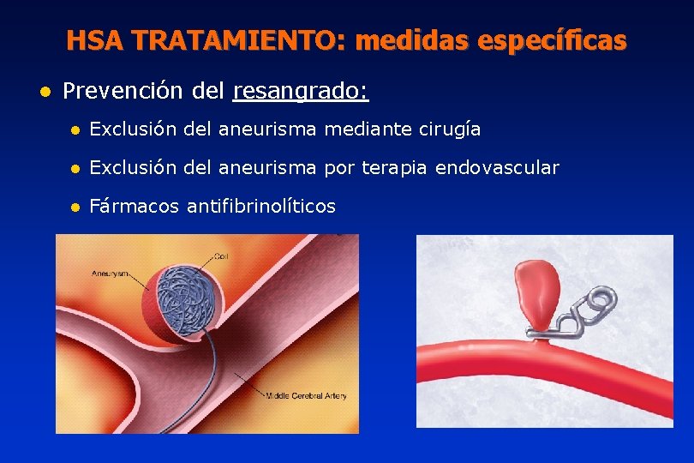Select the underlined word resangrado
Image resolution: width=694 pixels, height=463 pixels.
coord(300,90)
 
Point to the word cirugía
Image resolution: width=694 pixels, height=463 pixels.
coord(450,129)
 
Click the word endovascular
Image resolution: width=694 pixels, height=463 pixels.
coord(497,168)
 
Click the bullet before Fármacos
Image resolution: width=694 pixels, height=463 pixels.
coord(75,207)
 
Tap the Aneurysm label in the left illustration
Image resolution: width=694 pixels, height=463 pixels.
coord(110,274)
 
